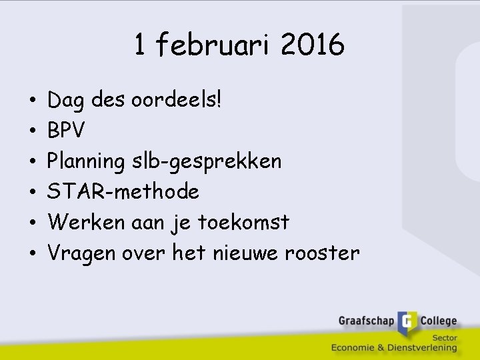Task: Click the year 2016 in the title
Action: (313, 45)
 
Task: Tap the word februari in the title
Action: (213, 45)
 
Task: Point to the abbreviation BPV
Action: (67, 131)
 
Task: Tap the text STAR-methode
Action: (123, 192)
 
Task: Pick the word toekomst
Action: (244, 222)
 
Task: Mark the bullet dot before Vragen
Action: (33, 254)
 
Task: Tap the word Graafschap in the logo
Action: (366, 321)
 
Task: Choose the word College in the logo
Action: (438, 321)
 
